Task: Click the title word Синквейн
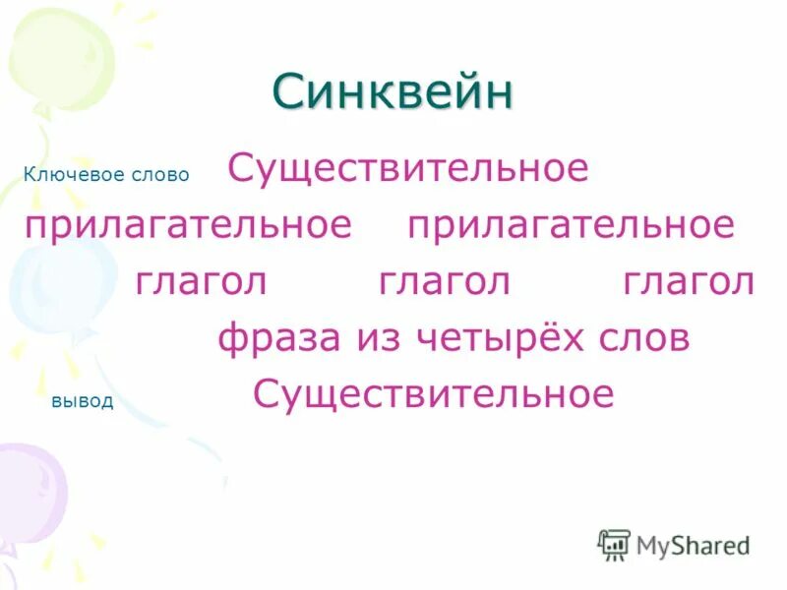click(x=393, y=92)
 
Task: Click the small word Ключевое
click(x=61, y=174)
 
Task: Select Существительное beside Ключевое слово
click(x=407, y=168)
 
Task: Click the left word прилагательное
click(x=189, y=225)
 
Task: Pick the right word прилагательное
click(x=571, y=225)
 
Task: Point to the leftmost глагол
click(x=202, y=282)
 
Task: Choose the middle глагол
click(x=445, y=282)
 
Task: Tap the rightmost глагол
click(x=689, y=282)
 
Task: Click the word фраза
click(x=276, y=339)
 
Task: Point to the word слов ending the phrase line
click(x=643, y=339)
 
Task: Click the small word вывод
click(x=82, y=401)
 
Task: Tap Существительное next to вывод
click(x=433, y=395)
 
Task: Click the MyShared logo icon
click(x=614, y=544)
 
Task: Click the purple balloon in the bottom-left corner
click(x=30, y=492)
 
